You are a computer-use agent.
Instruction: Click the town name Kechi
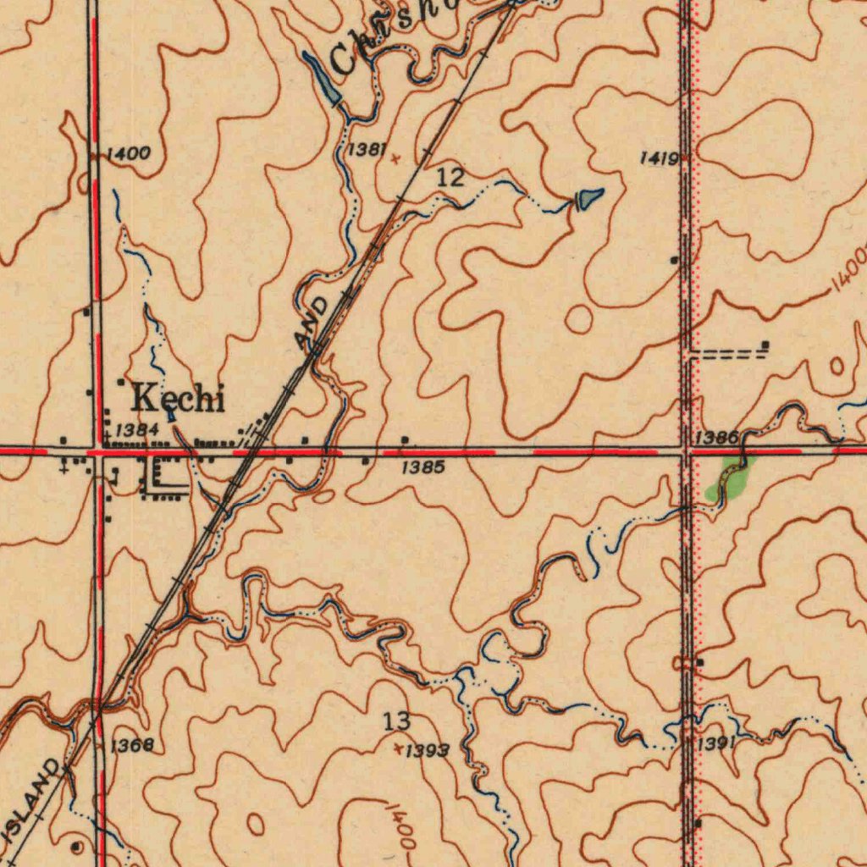(179, 397)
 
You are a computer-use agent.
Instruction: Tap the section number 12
(450, 178)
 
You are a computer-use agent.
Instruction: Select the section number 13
(396, 722)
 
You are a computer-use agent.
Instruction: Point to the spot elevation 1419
(658, 158)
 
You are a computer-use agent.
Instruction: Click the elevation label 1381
(367, 150)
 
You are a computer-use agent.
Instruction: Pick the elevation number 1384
(137, 430)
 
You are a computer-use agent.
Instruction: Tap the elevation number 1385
(422, 467)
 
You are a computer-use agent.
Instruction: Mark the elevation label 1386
(716, 437)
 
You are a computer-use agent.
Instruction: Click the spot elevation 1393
(428, 751)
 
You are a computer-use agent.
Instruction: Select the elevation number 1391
(716, 743)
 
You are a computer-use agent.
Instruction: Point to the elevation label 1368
(132, 745)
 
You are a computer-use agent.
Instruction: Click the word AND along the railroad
(312, 322)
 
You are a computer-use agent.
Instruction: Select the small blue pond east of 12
(590, 198)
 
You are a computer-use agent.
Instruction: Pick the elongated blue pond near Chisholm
(323, 78)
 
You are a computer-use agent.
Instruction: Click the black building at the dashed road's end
(765, 344)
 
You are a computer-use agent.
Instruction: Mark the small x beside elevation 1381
(395, 157)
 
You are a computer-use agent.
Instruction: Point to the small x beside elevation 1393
(400, 747)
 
